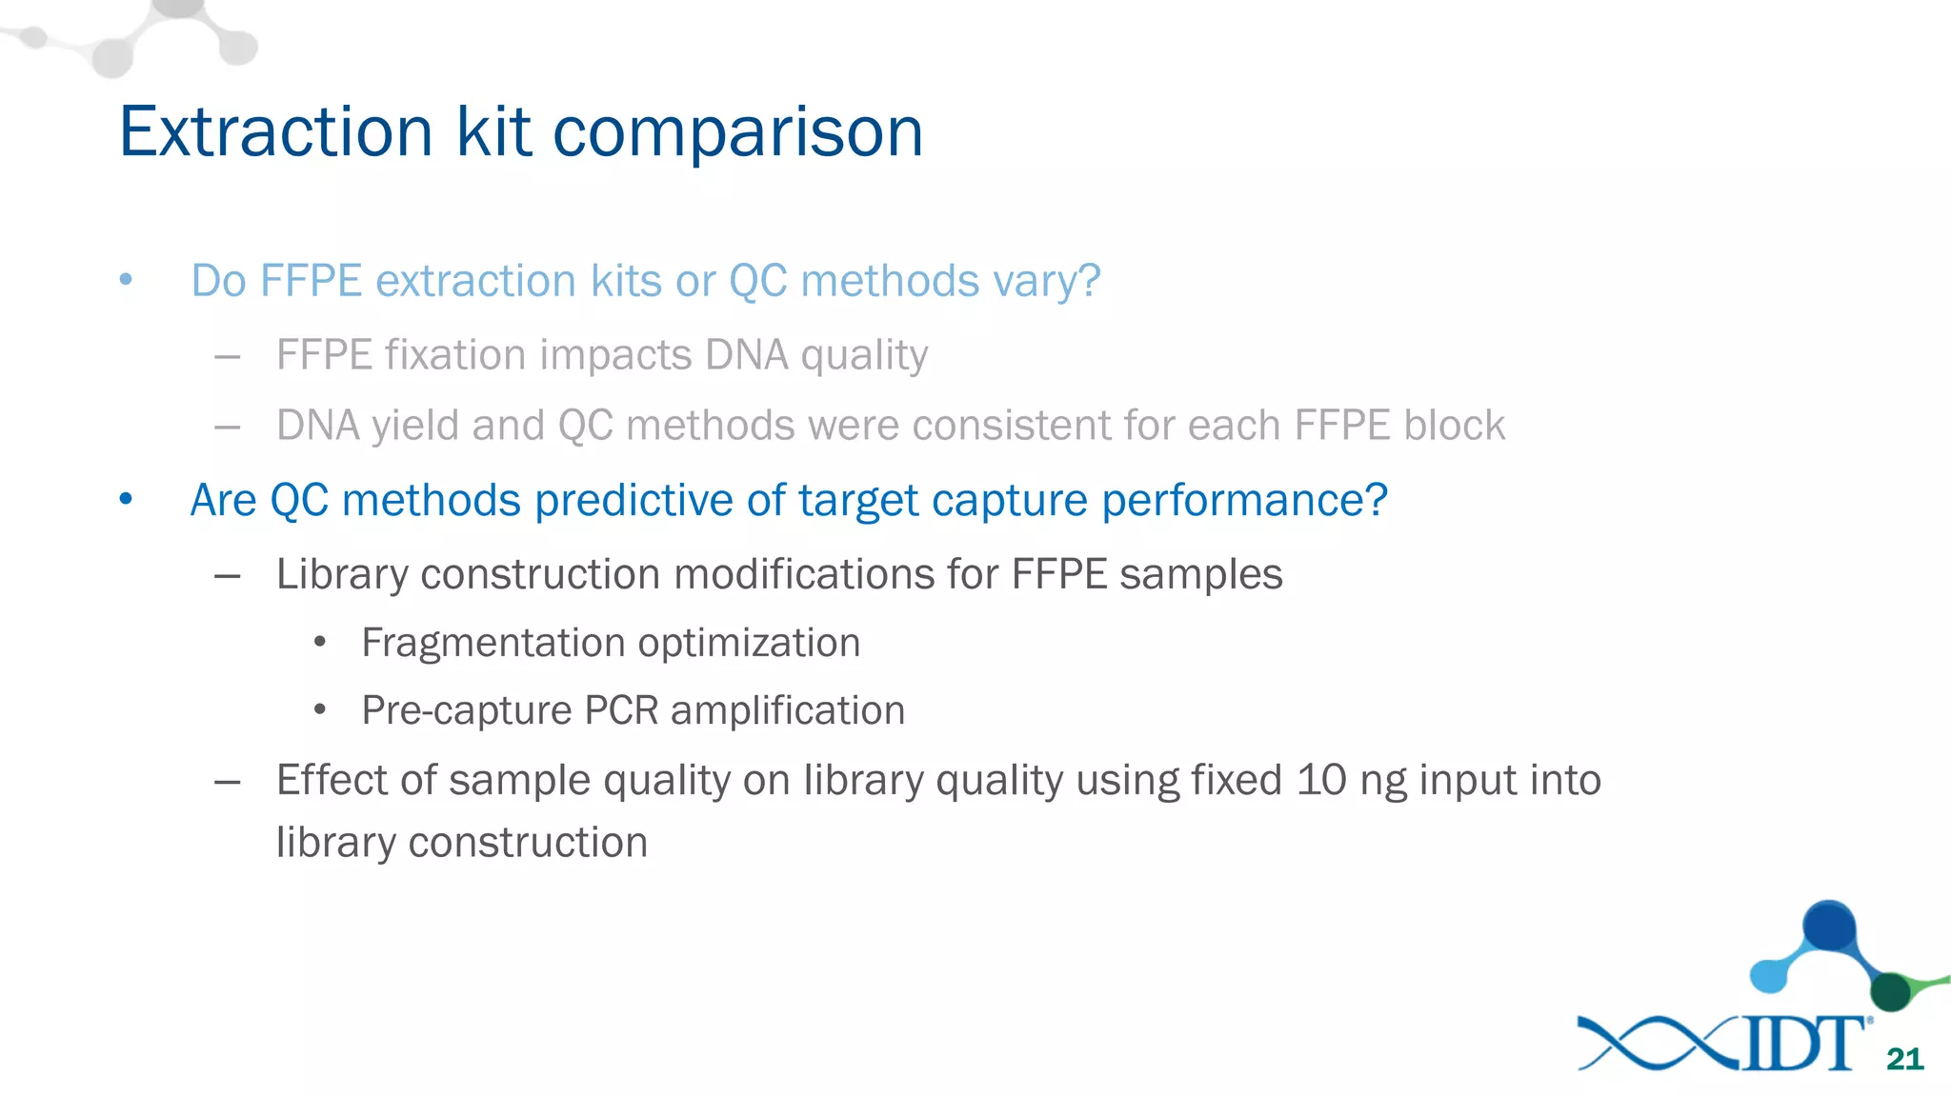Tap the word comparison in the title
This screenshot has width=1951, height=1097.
click(737, 133)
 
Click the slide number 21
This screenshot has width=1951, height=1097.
click(1904, 1059)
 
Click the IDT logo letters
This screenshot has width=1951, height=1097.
click(1805, 1044)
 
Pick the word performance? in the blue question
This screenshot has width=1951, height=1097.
click(1244, 501)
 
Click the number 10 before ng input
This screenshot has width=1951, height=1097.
click(1320, 780)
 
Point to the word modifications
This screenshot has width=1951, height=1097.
click(803, 574)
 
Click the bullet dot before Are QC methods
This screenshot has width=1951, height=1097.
click(126, 499)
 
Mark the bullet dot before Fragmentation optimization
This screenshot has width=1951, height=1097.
click(320, 643)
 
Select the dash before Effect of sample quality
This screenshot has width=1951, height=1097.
click(227, 782)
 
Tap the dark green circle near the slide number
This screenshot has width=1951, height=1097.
click(1890, 992)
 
